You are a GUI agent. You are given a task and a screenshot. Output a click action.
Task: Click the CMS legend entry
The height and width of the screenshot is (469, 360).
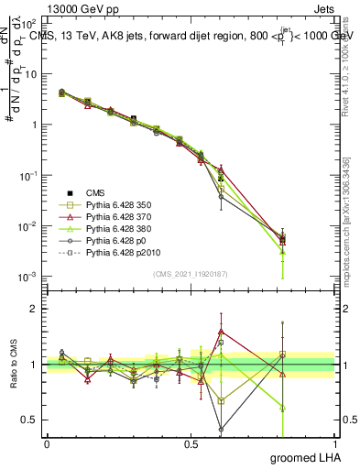(x=95, y=192)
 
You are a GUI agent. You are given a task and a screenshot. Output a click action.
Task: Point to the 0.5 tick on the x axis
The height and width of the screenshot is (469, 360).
(x=191, y=443)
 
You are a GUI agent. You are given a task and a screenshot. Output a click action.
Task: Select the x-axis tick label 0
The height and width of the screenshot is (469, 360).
(x=47, y=443)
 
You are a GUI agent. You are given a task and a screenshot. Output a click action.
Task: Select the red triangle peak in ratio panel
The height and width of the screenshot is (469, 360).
(x=221, y=332)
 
